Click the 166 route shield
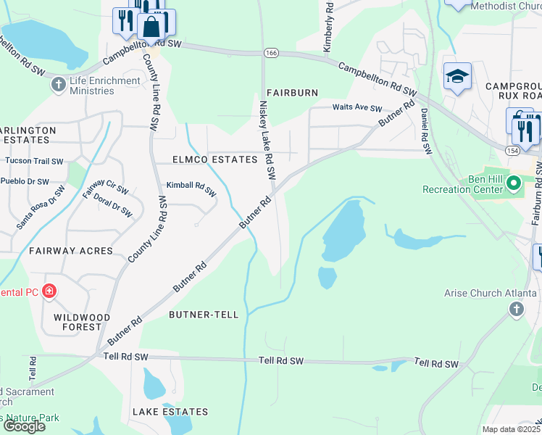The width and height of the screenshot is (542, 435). click(270, 53)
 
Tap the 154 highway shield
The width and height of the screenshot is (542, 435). click(512, 149)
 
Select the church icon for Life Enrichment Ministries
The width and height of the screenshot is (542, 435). click(59, 86)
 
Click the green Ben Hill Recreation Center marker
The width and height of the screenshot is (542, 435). click(514, 183)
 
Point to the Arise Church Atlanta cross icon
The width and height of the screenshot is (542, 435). click(516, 310)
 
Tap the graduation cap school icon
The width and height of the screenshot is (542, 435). click(458, 77)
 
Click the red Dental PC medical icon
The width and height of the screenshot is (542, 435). click(49, 291)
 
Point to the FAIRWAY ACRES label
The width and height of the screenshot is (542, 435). click(71, 250)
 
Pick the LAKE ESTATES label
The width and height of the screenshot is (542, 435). click(170, 412)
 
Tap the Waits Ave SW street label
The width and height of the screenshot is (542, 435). click(357, 108)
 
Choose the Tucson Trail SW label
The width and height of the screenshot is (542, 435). click(34, 161)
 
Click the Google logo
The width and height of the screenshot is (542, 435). click(24, 426)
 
